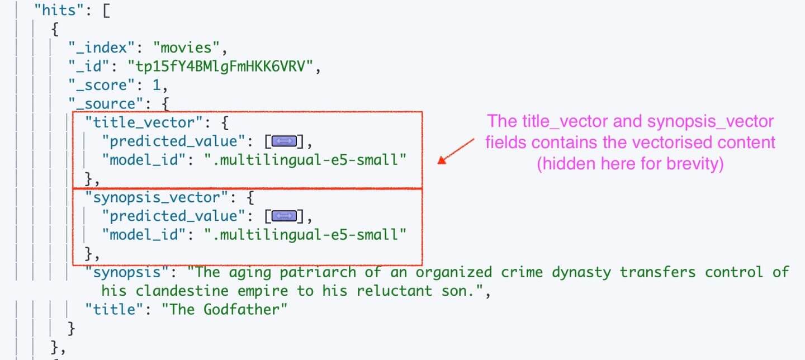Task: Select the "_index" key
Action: [101, 48]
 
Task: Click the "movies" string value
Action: [186, 48]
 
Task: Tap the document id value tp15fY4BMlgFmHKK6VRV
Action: [220, 67]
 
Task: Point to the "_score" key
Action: [101, 85]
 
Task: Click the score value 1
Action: [157, 85]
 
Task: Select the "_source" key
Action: [106, 104]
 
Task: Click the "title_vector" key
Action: [144, 122]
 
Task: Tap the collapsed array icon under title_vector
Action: [284, 141]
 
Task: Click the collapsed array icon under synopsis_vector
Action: [284, 216]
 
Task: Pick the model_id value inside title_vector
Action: [305, 160]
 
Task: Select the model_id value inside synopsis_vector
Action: [305, 235]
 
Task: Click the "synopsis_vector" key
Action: [157, 197]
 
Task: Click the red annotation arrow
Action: [456, 151]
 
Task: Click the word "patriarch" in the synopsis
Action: [318, 272]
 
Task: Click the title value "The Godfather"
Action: [225, 309]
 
